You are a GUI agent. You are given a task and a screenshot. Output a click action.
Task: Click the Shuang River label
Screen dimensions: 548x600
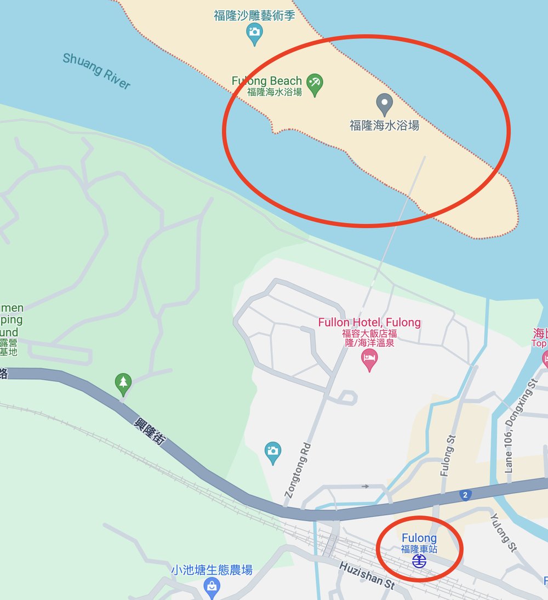pyautogui.click(x=96, y=71)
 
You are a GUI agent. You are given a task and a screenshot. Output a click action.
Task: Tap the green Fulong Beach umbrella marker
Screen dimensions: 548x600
pyautogui.click(x=315, y=84)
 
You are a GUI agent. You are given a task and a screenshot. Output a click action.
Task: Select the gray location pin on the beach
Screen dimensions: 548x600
pyautogui.click(x=385, y=103)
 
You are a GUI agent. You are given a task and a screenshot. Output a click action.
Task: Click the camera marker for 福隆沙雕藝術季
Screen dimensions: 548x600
pyautogui.click(x=254, y=33)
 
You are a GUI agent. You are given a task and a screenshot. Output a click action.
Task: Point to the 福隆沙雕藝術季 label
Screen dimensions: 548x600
pyautogui.click(x=254, y=15)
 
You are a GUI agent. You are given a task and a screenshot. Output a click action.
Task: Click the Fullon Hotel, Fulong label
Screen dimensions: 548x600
pyautogui.click(x=369, y=322)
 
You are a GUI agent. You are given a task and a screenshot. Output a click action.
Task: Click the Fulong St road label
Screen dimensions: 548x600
pyautogui.click(x=448, y=455)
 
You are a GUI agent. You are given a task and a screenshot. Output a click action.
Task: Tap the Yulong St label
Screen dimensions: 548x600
pyautogui.click(x=503, y=532)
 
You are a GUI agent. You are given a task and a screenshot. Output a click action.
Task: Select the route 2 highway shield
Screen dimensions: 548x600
pyautogui.click(x=465, y=495)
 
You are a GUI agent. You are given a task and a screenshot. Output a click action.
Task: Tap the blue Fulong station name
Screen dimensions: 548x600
pyautogui.click(x=419, y=538)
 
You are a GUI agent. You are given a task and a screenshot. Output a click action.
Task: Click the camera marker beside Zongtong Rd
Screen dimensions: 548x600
pyautogui.click(x=273, y=452)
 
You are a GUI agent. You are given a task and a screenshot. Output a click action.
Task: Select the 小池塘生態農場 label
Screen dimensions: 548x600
pyautogui.click(x=212, y=570)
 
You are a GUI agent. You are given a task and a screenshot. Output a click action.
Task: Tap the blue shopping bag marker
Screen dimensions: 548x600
pyautogui.click(x=212, y=587)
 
